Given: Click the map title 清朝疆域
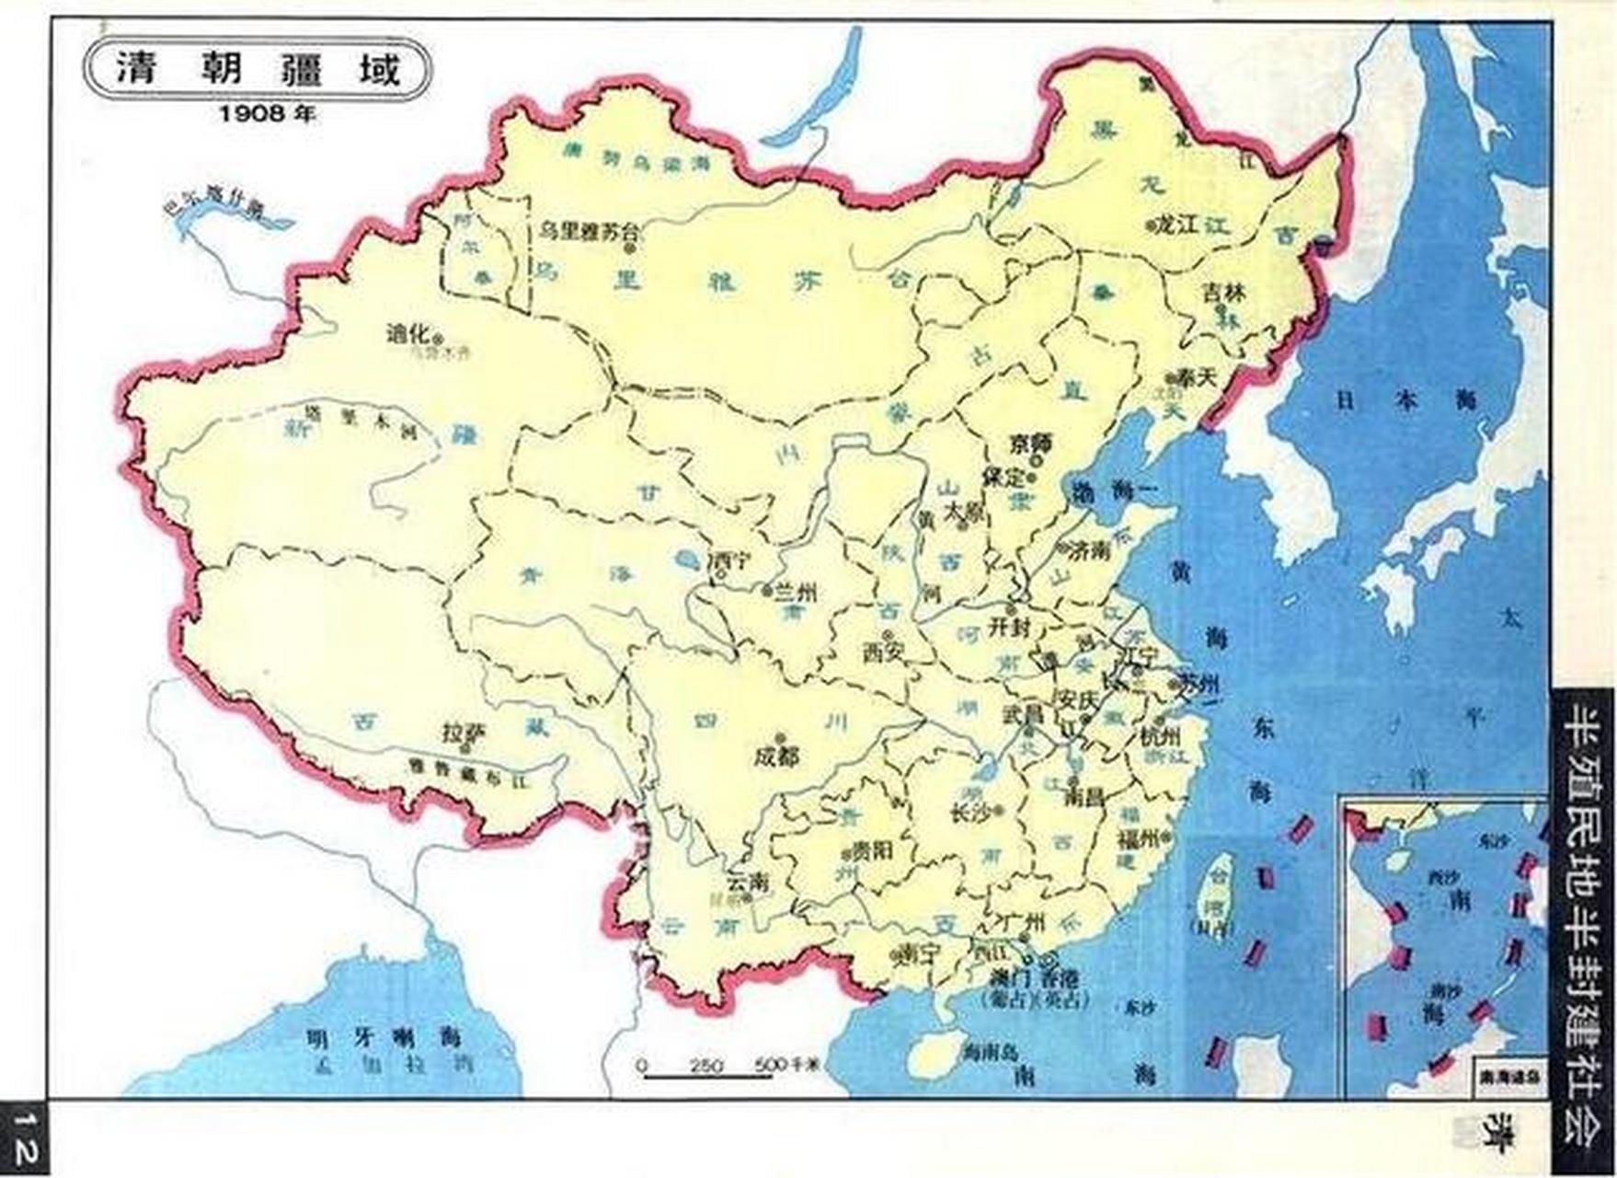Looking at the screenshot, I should [x=257, y=70].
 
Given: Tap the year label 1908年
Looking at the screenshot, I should [x=267, y=114].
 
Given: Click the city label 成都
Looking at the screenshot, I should [x=776, y=756].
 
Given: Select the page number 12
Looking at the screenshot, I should [x=24, y=1137].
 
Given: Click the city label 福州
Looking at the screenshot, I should [x=1139, y=837].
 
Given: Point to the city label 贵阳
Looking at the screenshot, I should [x=870, y=851].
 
